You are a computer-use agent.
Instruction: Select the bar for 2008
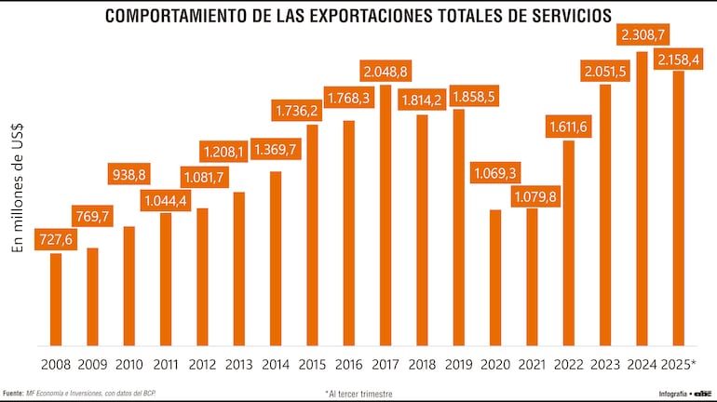pos(56,299)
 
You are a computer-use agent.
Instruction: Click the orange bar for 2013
pos(239,269)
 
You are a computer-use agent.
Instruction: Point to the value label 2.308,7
pos(642,35)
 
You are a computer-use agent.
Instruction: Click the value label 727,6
pos(56,239)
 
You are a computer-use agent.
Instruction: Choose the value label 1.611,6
pos(568,126)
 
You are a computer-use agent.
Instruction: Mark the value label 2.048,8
pos(386,71)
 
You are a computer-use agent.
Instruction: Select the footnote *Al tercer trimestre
pos(358,394)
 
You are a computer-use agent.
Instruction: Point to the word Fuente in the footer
pos(13,393)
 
